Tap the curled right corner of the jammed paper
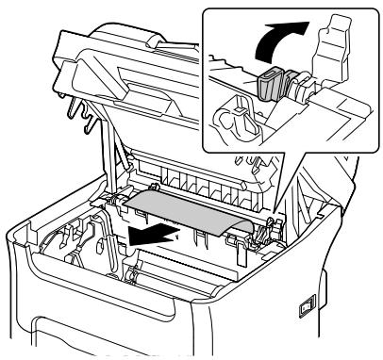[247, 226]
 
